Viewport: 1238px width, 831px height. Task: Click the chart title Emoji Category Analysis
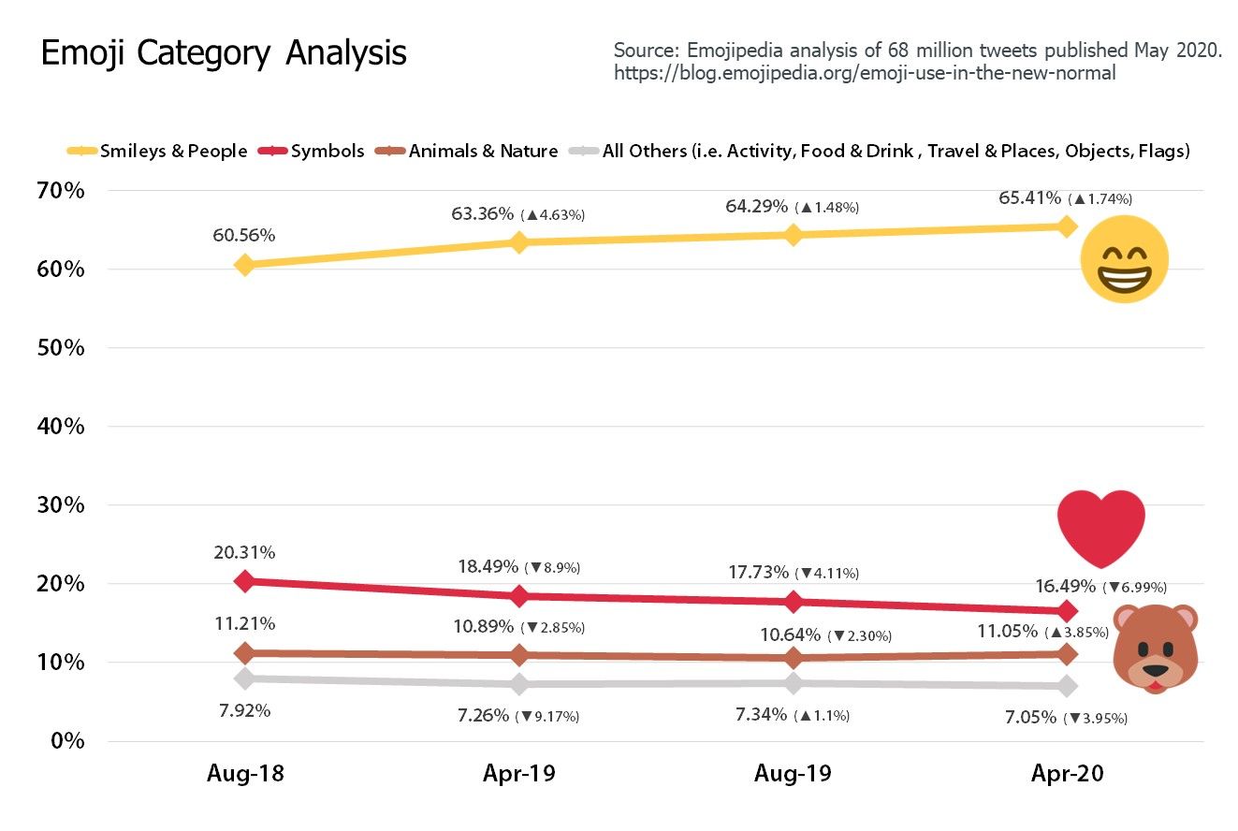tap(224, 53)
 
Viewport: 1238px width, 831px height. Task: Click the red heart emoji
tap(1101, 525)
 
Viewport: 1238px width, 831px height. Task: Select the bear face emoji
tap(1156, 649)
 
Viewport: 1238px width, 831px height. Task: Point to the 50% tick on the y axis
tap(62, 348)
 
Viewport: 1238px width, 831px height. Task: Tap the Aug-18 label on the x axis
tap(245, 774)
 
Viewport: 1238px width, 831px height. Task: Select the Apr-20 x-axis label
tap(1067, 774)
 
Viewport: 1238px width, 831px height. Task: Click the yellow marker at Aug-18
tap(245, 265)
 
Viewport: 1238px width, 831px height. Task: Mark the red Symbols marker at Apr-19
tap(519, 595)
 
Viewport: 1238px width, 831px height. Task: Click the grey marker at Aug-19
tap(794, 683)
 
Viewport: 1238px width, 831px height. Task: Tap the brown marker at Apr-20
tap(1067, 653)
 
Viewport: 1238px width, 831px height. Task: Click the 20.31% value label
tap(243, 552)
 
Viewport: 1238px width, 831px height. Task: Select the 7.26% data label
tap(484, 716)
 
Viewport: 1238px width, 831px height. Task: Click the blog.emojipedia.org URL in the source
tap(865, 73)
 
